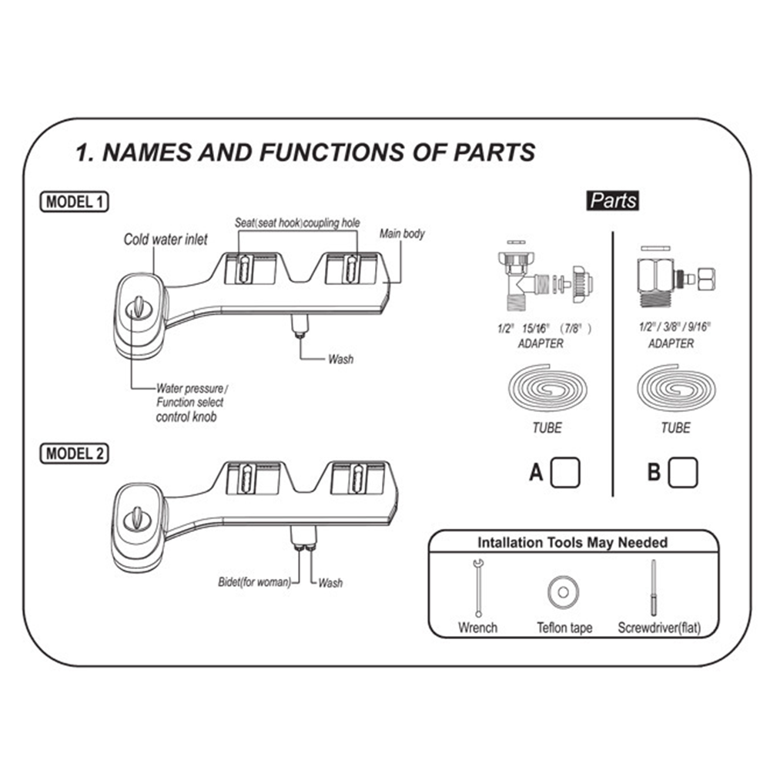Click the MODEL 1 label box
tap(74, 202)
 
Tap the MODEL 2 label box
tap(74, 453)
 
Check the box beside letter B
tap(683, 472)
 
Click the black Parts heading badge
tap(613, 201)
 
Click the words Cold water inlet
tap(166, 239)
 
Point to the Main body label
tap(402, 233)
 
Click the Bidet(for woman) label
tap(254, 582)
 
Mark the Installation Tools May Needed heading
tap(572, 542)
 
